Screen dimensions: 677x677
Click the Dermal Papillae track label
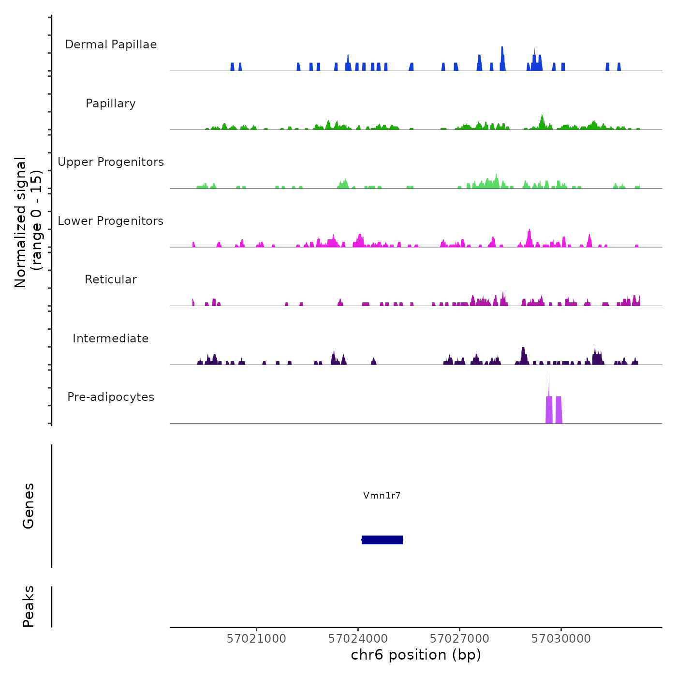(x=111, y=44)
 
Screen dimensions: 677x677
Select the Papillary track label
(x=111, y=103)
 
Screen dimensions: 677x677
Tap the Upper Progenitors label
(x=111, y=162)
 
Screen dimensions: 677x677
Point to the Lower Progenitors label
(x=111, y=221)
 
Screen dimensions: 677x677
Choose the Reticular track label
(x=111, y=280)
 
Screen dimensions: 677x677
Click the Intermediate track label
(x=111, y=338)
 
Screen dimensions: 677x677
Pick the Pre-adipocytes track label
(x=111, y=397)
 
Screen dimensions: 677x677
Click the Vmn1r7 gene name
(x=382, y=495)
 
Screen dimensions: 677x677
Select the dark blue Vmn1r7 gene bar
(x=382, y=540)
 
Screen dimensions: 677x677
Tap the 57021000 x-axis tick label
(x=256, y=639)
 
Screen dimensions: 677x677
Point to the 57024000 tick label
(x=358, y=639)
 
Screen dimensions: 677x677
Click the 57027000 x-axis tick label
(x=459, y=639)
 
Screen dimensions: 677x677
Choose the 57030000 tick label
(x=561, y=639)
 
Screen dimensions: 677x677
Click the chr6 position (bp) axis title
(x=416, y=655)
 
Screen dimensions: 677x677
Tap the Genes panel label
(x=29, y=506)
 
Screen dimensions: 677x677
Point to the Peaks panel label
(x=29, y=606)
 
